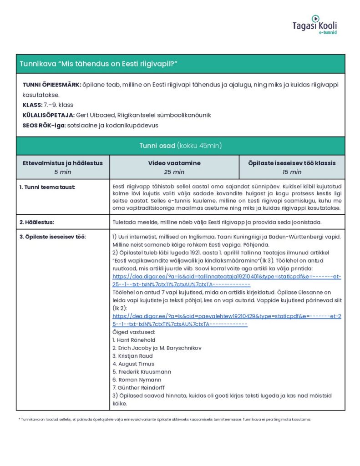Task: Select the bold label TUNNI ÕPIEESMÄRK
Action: pyautogui.click(x=51, y=85)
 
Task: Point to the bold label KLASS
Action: pyautogui.click(x=32, y=105)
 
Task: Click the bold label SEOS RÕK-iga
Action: pyautogui.click(x=44, y=125)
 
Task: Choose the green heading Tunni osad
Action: pyautogui.click(x=180, y=146)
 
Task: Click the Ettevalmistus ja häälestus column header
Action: pyautogui.click(x=63, y=163)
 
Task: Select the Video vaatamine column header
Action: pyautogui.click(x=174, y=163)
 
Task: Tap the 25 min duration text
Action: pyautogui.click(x=174, y=172)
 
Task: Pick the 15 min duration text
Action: pyautogui.click(x=292, y=172)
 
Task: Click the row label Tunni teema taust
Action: pyautogui.click(x=47, y=187)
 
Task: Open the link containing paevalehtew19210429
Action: pyautogui.click(x=226, y=319)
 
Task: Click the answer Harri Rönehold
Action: pyautogui.click(x=134, y=340)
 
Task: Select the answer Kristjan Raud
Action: pyautogui.click(x=132, y=356)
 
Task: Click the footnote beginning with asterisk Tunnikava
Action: pyautogui.click(x=164, y=419)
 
